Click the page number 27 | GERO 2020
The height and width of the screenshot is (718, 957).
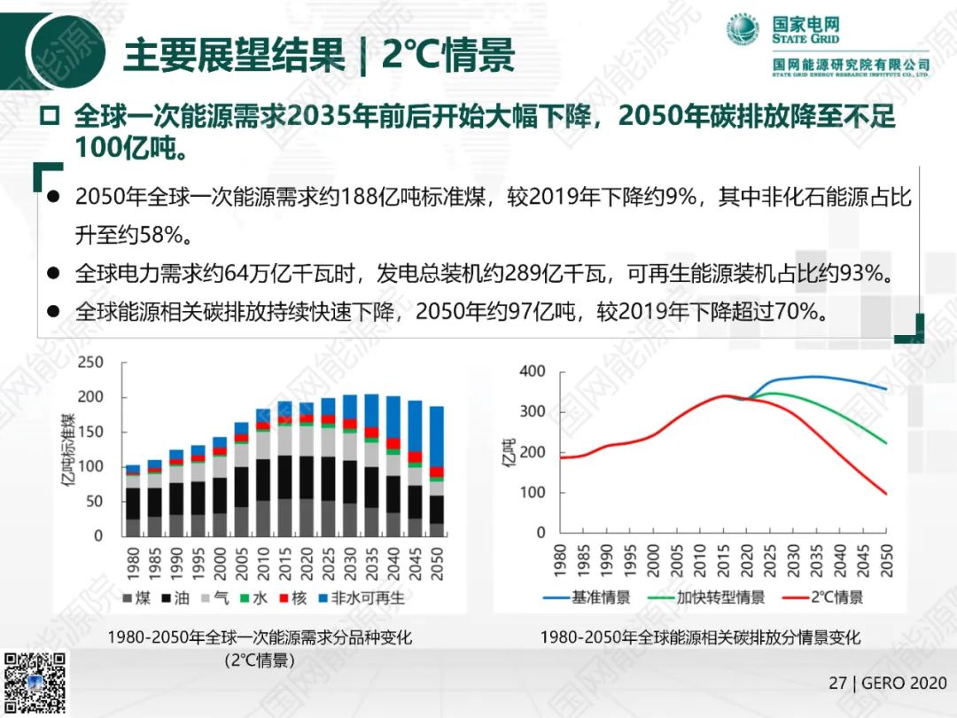[887, 683]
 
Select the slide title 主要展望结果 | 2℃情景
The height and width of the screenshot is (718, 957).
[318, 55]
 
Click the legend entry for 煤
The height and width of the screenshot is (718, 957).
[136, 598]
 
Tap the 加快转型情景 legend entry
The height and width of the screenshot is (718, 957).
[709, 597]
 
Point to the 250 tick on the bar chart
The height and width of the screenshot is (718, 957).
[91, 363]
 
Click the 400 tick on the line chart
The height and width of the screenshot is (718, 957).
[533, 371]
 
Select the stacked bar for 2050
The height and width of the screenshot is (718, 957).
[436, 471]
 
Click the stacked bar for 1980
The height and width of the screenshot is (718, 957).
[133, 500]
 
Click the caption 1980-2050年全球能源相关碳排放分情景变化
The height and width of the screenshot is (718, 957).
[700, 637]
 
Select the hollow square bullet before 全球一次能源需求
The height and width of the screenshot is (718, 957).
[50, 116]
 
